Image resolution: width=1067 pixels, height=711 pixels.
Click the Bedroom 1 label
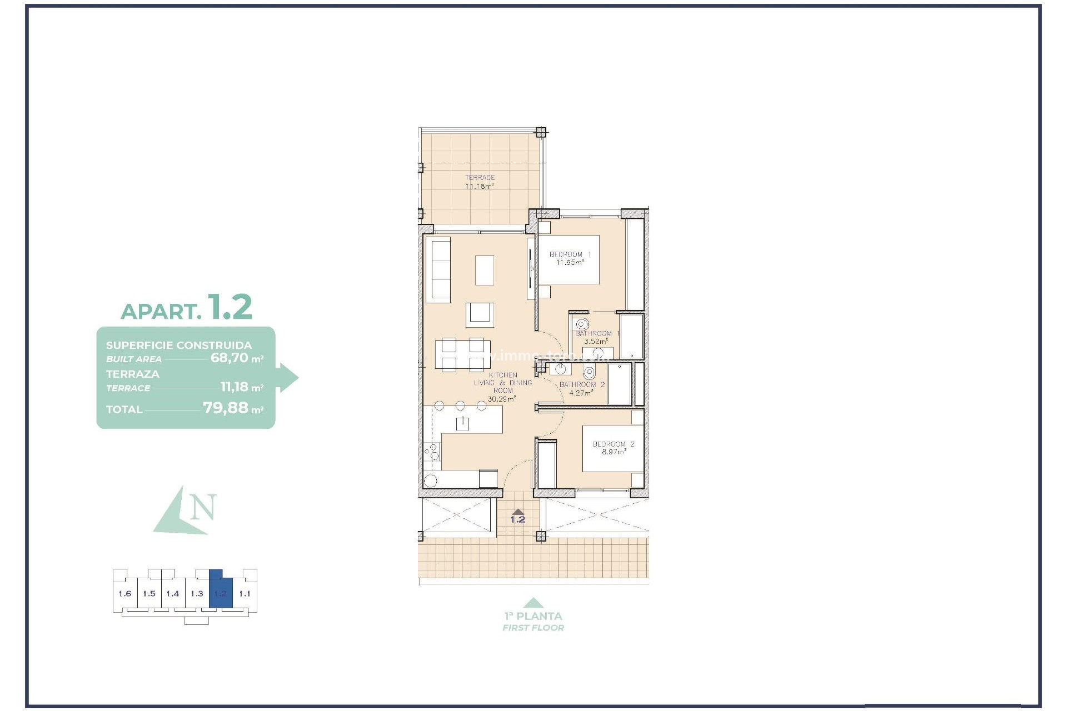pos(570,254)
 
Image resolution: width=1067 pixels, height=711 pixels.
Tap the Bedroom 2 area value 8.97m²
pos(614,452)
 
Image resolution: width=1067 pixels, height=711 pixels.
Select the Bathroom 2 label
pos(582,384)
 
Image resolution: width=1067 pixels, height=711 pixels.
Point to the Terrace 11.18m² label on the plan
pos(480,182)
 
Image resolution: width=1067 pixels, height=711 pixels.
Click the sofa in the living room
pos(438,270)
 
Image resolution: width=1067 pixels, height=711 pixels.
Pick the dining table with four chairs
pos(460,354)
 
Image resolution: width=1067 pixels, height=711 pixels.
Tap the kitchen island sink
pos(462,424)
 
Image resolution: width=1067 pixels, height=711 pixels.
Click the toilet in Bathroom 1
pos(582,324)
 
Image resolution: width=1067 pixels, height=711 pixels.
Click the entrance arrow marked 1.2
pos(518,513)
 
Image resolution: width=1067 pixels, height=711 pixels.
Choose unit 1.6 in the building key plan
pos(125,594)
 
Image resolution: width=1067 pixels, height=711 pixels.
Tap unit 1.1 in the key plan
pos(245,594)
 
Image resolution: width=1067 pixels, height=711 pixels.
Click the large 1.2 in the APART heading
pos(230,307)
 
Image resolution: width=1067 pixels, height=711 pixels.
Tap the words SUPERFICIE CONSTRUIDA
pos(179,345)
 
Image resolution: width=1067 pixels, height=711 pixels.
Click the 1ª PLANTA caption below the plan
pos(533,616)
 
